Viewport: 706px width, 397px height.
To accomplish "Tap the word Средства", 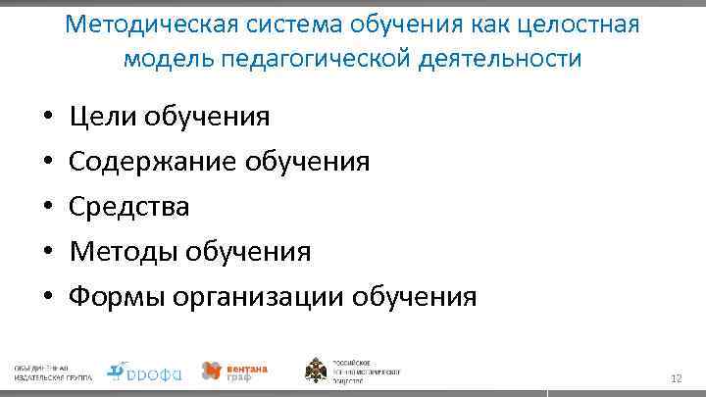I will coord(130,207).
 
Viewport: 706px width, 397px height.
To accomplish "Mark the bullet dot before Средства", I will coord(48,208).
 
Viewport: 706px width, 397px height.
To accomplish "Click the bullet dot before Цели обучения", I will coord(48,119).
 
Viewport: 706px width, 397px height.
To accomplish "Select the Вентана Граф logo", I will coord(234,371).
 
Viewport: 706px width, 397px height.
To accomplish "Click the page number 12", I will coord(676,378).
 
